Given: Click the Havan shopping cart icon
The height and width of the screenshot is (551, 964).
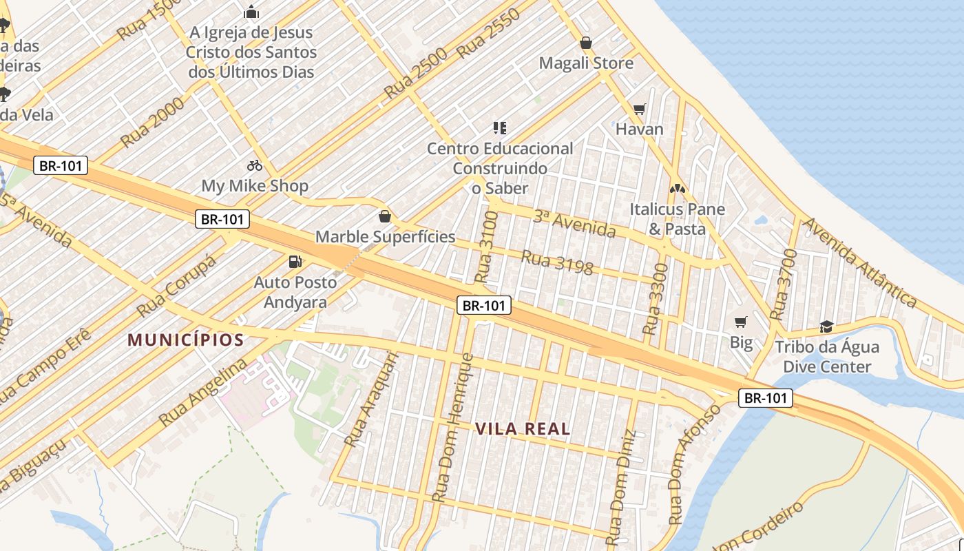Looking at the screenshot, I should (640, 109).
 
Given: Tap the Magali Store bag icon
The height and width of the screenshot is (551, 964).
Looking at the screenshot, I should (586, 43).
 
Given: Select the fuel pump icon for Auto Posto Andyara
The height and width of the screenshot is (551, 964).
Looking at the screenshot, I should (295, 262).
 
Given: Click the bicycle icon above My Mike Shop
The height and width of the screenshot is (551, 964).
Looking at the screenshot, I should (255, 165).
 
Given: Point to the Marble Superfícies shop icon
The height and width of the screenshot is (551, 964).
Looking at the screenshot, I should (385, 217).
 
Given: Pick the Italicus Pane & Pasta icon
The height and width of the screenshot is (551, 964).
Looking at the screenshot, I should (678, 188).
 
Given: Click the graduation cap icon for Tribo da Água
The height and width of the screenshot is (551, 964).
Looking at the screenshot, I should (826, 326).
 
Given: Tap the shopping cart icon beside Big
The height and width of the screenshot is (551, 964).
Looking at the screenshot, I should (741, 322).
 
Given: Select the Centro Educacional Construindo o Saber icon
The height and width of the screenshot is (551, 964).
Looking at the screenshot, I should (500, 127).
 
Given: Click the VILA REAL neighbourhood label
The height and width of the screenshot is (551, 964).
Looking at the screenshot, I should (523, 429).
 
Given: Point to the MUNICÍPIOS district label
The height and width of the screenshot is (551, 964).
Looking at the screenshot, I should (186, 340).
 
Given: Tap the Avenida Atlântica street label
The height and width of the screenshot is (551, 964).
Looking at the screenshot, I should (860, 262).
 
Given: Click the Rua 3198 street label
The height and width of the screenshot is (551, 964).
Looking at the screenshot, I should (557, 262).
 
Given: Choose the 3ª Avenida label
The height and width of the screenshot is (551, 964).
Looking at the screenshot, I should (574, 224).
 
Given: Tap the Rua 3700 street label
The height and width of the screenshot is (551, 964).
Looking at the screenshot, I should (783, 285).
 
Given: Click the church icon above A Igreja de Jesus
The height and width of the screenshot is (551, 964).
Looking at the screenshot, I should (251, 12).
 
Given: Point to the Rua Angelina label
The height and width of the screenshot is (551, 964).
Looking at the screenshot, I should (202, 392).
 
